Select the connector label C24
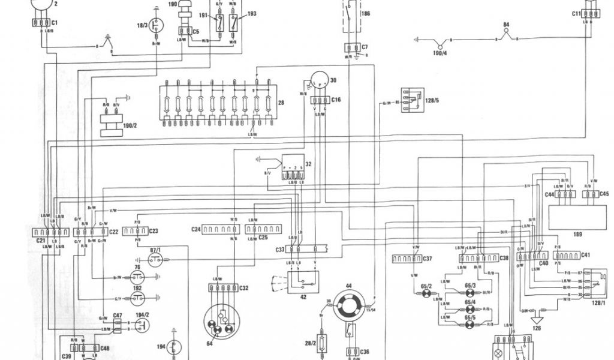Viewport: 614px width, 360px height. [195, 229]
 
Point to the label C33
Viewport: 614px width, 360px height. [280, 249]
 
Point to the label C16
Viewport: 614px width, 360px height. [336, 100]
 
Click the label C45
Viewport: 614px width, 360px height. [603, 194]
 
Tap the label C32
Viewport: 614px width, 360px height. [243, 289]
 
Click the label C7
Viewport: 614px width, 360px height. [364, 47]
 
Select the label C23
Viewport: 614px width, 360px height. [153, 230]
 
